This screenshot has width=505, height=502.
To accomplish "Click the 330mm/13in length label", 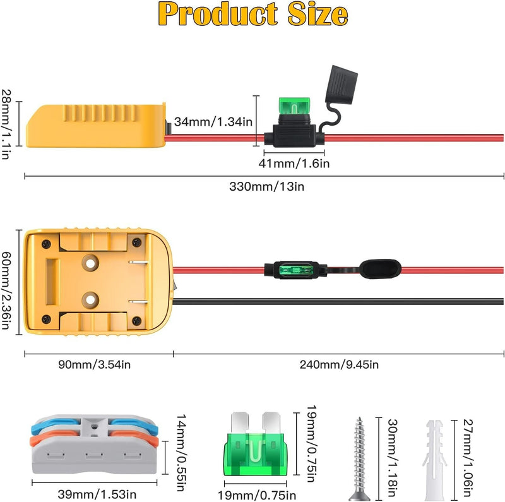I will click(x=264, y=186).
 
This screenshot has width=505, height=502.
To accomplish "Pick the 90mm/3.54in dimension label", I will click(x=98, y=364).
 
